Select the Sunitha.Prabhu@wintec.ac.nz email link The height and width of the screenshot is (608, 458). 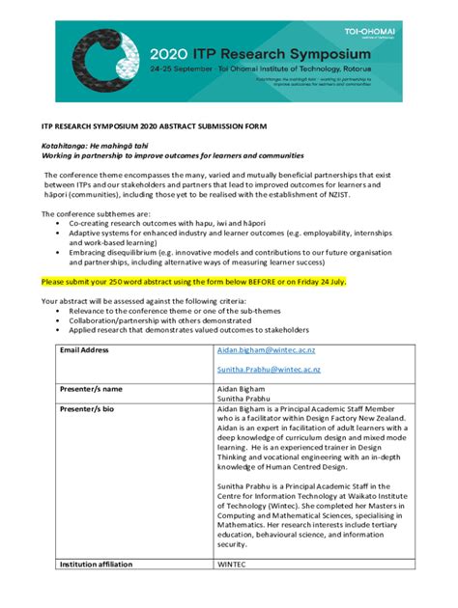[269, 369]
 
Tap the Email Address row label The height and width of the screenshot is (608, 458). [85, 349]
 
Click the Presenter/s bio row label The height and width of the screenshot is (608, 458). [87, 409]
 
